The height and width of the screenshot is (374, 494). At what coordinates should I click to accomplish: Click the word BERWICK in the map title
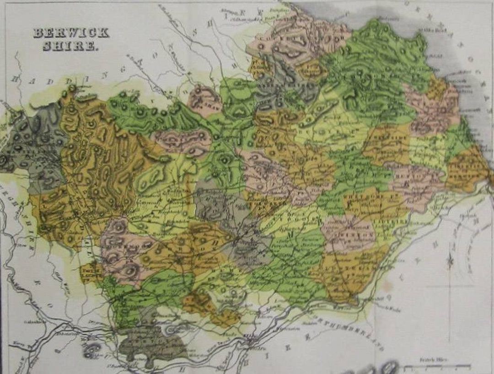[71, 33]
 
